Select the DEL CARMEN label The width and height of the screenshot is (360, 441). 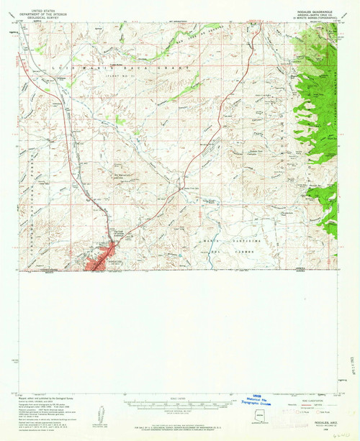coord(226,252)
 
